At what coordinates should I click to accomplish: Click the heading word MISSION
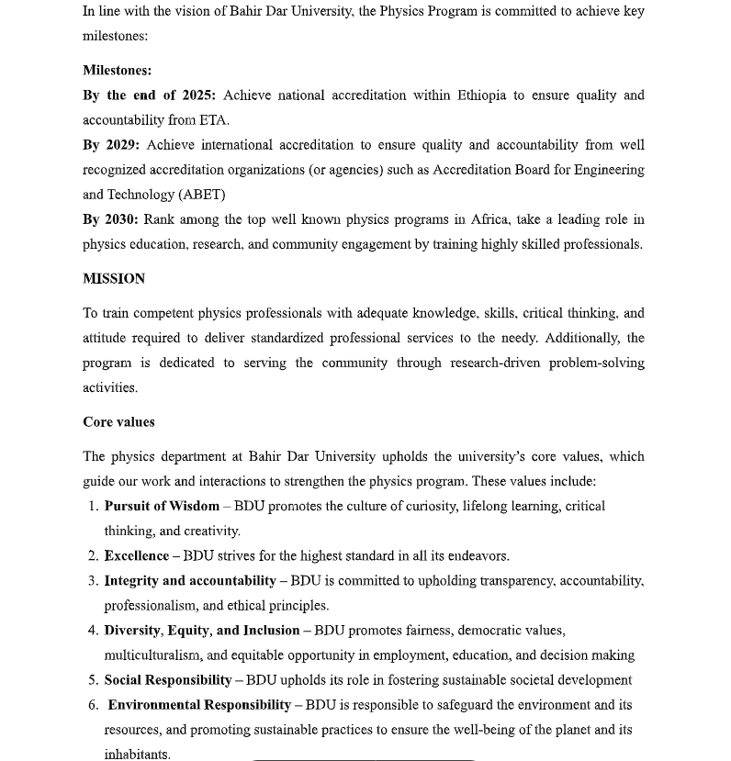(114, 279)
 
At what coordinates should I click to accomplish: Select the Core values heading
(118, 422)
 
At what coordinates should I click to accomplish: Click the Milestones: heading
(117, 71)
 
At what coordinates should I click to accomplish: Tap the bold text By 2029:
(111, 145)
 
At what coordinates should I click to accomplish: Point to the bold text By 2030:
(110, 219)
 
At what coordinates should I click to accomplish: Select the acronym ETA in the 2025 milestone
(213, 120)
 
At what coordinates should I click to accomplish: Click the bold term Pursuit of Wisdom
(162, 506)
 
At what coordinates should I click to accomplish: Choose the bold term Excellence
(137, 555)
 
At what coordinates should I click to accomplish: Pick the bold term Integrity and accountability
(190, 580)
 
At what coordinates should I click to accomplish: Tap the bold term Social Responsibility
(168, 680)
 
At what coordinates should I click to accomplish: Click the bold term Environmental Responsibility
(199, 705)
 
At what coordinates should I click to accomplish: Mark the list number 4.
(93, 631)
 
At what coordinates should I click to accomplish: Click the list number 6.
(93, 705)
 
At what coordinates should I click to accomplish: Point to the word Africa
(489, 219)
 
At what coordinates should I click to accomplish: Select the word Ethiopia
(481, 95)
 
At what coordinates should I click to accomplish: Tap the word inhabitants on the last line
(137, 755)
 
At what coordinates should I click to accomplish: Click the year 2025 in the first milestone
(197, 95)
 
